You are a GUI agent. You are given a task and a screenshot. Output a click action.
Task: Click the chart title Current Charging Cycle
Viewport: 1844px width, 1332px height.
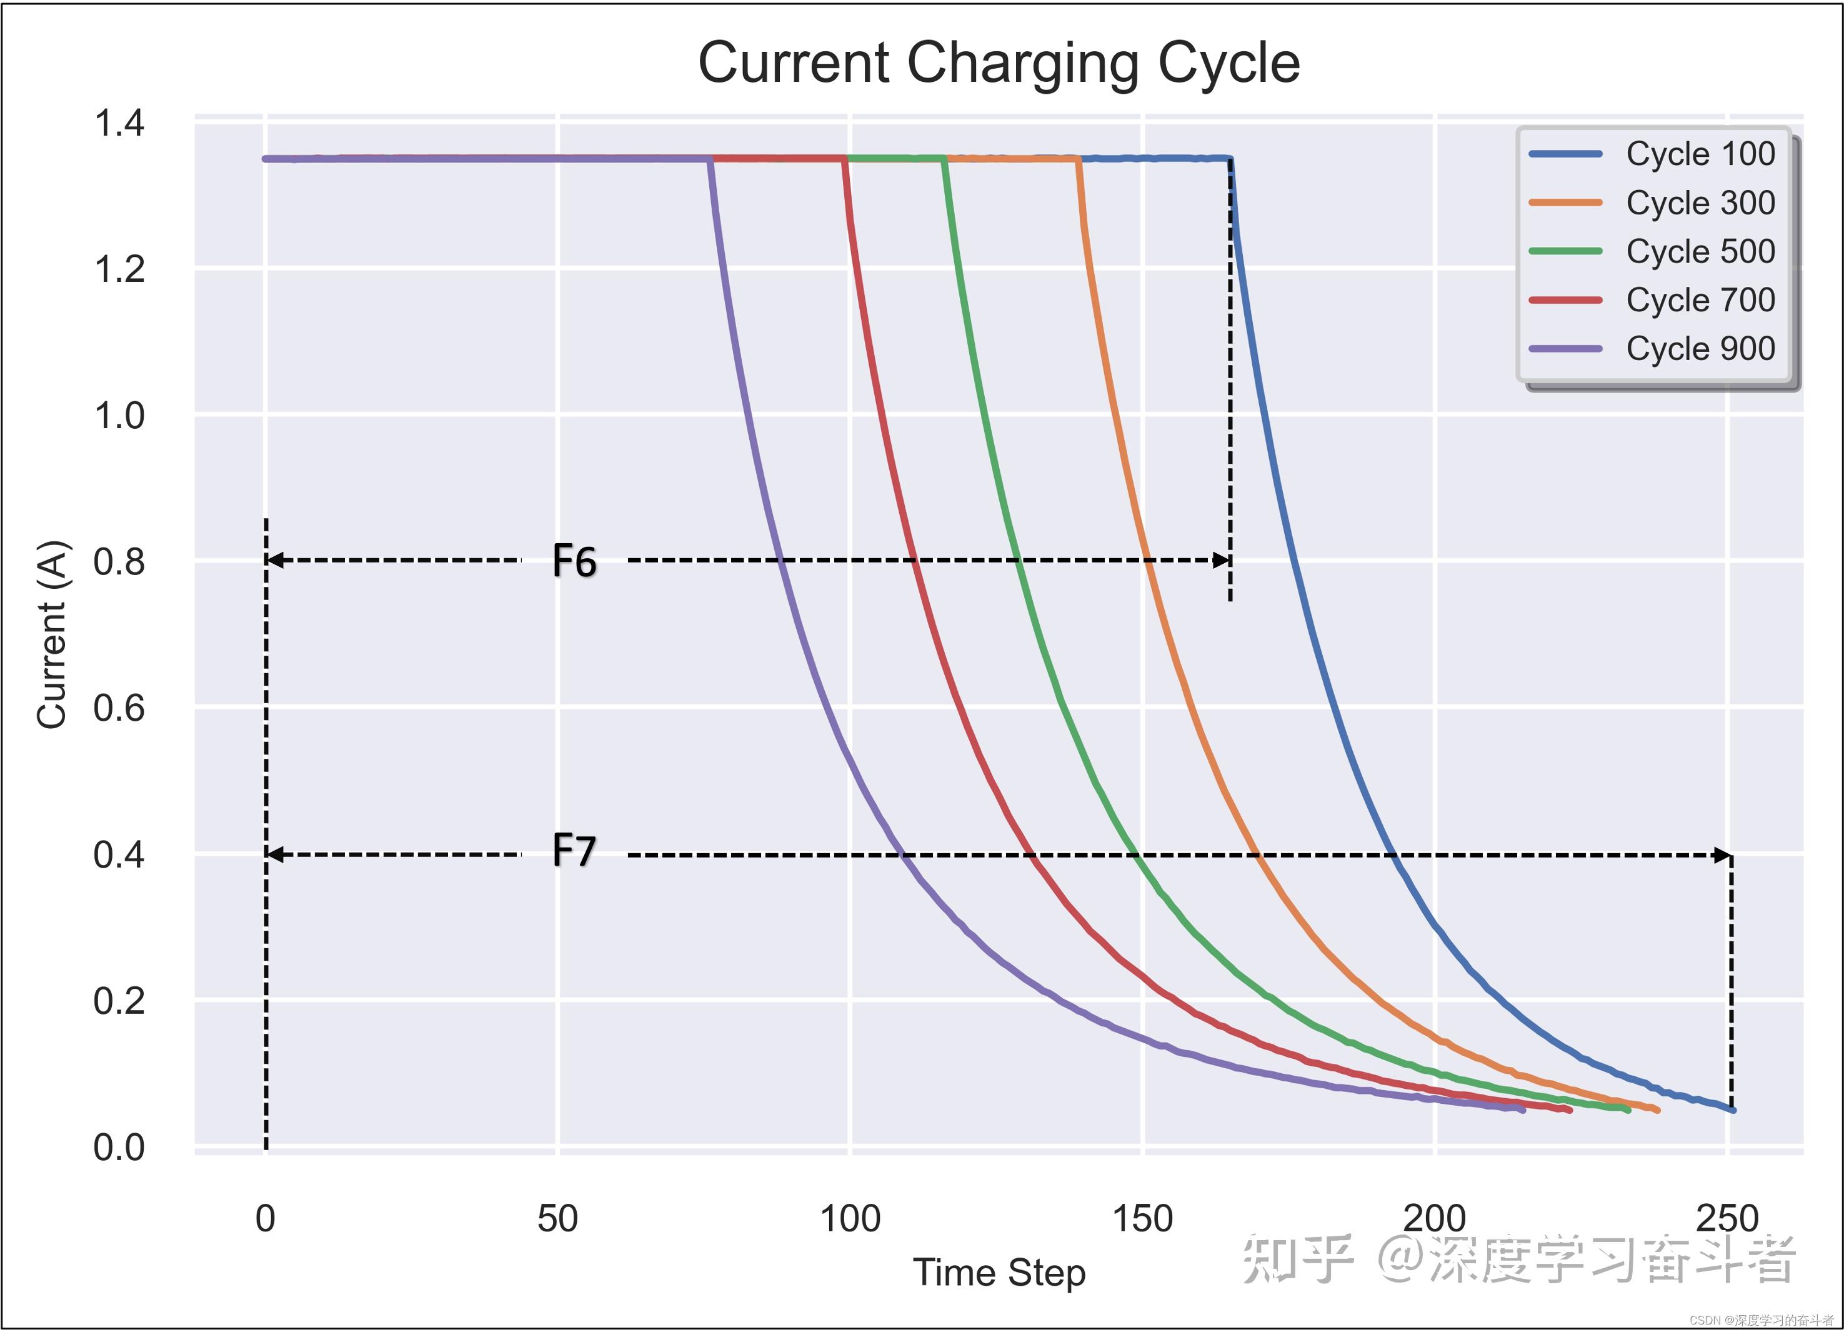[999, 63]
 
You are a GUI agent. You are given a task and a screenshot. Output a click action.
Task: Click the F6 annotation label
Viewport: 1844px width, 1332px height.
[574, 561]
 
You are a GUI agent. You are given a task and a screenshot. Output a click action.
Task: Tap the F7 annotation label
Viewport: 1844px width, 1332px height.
[574, 851]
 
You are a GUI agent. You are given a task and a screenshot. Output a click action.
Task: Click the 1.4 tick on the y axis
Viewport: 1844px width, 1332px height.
[119, 124]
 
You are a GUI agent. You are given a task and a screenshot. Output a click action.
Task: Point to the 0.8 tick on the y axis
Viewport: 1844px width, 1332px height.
[119, 562]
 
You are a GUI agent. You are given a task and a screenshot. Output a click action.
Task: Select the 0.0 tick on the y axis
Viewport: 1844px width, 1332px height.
[119, 1148]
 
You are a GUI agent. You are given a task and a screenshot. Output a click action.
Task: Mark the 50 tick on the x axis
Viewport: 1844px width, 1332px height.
[558, 1219]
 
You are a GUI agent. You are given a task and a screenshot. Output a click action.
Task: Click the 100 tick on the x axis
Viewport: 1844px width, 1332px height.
[850, 1219]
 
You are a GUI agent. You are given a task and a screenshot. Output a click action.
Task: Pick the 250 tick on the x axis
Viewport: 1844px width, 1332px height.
[1727, 1219]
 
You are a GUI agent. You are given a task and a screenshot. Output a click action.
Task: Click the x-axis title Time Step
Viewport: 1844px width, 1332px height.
[999, 1273]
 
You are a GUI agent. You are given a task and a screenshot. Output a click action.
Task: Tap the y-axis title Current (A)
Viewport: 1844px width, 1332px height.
[52, 634]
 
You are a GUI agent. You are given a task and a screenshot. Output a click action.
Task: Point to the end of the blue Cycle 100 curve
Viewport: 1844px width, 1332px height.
[1733, 1110]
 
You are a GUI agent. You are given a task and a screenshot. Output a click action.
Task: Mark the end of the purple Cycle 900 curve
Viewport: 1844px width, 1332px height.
[1522, 1110]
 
